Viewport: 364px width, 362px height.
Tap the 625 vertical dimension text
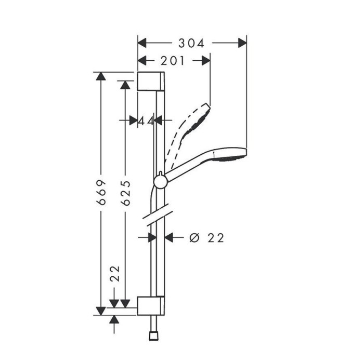[x=124, y=193]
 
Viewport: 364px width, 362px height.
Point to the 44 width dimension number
[x=146, y=120]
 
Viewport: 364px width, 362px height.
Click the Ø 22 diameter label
[x=206, y=237]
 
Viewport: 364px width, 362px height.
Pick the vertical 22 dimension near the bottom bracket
[x=115, y=274]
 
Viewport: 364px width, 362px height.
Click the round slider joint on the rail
[x=161, y=181]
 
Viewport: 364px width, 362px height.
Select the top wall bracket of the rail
[x=151, y=82]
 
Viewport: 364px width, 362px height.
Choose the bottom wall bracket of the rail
[x=151, y=306]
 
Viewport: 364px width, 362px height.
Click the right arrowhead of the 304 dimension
[x=242, y=43]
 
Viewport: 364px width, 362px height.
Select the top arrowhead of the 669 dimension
[x=101, y=76]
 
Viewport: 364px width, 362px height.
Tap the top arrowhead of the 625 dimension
[x=124, y=84]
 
